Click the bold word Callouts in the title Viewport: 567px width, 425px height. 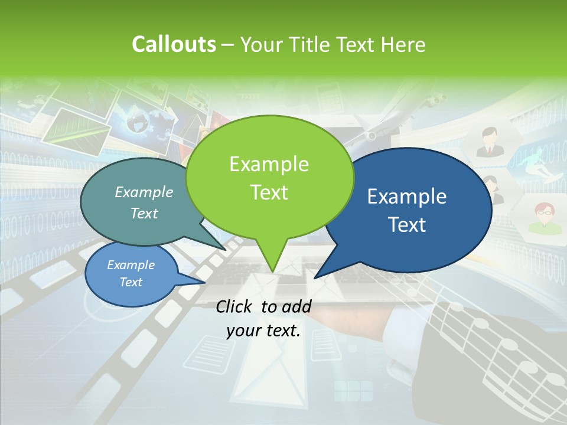click(174, 44)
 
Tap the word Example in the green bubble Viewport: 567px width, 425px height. click(269, 164)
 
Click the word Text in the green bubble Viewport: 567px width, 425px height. click(269, 192)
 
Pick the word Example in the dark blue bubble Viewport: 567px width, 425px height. click(407, 197)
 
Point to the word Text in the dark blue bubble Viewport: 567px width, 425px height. click(407, 225)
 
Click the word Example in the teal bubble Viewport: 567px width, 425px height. click(144, 192)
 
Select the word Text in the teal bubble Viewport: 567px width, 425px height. click(144, 213)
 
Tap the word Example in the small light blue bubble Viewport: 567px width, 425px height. click(131, 265)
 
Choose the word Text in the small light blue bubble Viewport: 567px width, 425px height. click(131, 282)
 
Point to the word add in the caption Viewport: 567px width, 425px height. click(296, 306)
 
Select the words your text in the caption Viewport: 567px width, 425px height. click(263, 331)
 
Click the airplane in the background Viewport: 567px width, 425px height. click(384, 124)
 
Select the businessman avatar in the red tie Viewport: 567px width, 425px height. click(488, 143)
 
